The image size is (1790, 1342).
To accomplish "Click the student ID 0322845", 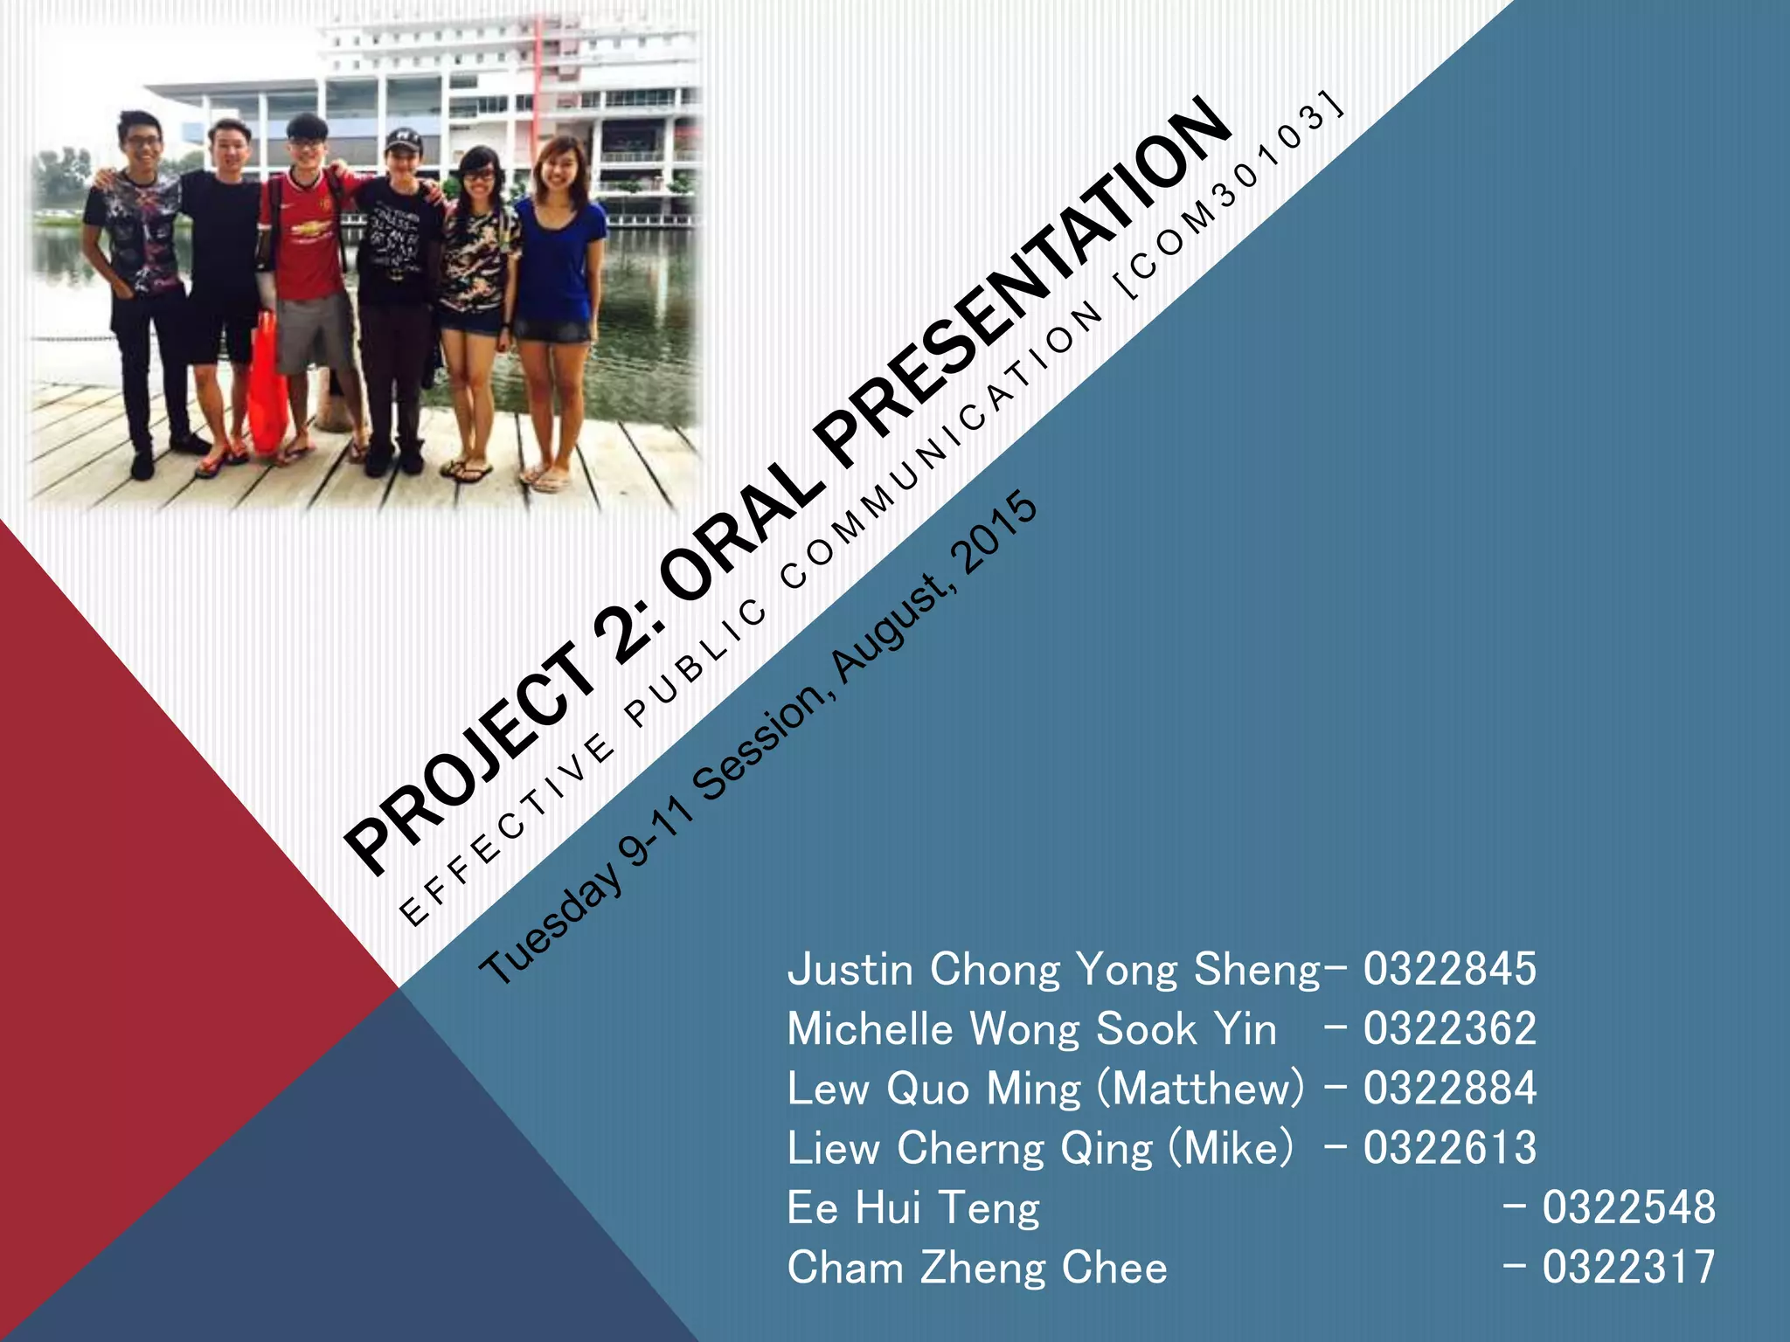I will (1449, 969).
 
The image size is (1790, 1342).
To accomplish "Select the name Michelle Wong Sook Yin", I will (1031, 1029).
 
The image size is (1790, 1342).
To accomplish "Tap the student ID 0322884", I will (1449, 1089).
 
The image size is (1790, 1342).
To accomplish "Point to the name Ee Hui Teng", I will (913, 1208).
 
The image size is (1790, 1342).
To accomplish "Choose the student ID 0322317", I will (1627, 1268).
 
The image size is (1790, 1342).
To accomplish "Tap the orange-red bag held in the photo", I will (267, 389).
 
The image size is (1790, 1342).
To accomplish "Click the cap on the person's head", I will (403, 139).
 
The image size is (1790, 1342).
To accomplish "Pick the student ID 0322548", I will (1627, 1208).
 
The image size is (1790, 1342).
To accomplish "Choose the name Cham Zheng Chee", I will (977, 1268).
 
